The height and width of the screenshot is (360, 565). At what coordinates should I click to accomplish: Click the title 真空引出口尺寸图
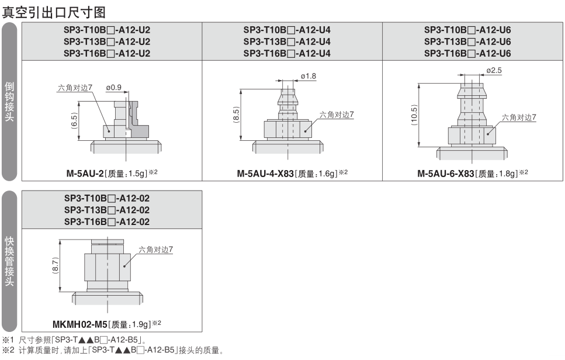(x=54, y=12)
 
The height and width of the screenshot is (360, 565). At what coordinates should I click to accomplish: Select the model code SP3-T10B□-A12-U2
(x=107, y=30)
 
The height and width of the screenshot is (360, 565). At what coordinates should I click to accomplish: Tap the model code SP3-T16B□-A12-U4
(x=287, y=53)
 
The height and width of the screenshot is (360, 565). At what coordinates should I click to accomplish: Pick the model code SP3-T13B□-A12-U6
(x=467, y=42)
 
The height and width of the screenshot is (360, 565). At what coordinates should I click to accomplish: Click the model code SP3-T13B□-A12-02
(x=107, y=210)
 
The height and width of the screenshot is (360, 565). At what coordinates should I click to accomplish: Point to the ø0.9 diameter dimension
(x=113, y=88)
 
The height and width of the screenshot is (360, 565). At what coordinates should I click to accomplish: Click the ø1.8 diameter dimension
(x=309, y=76)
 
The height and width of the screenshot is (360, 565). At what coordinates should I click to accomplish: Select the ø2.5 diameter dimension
(x=494, y=70)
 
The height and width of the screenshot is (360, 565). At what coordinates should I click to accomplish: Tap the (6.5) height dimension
(x=74, y=121)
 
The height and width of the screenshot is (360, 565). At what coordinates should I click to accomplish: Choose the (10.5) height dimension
(x=414, y=115)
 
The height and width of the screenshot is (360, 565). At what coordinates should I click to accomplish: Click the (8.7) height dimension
(x=55, y=265)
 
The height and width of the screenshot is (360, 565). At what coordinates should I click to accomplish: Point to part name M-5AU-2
(x=85, y=174)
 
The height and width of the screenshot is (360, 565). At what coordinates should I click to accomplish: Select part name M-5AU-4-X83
(x=265, y=174)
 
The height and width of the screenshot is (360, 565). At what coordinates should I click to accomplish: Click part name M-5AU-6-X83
(x=446, y=174)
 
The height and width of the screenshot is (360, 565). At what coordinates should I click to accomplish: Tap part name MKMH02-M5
(x=80, y=325)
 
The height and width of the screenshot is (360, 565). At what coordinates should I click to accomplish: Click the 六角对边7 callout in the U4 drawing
(x=337, y=115)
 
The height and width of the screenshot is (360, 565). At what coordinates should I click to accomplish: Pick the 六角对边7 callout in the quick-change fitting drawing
(x=155, y=250)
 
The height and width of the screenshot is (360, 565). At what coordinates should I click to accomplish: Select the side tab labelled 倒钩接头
(x=9, y=101)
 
